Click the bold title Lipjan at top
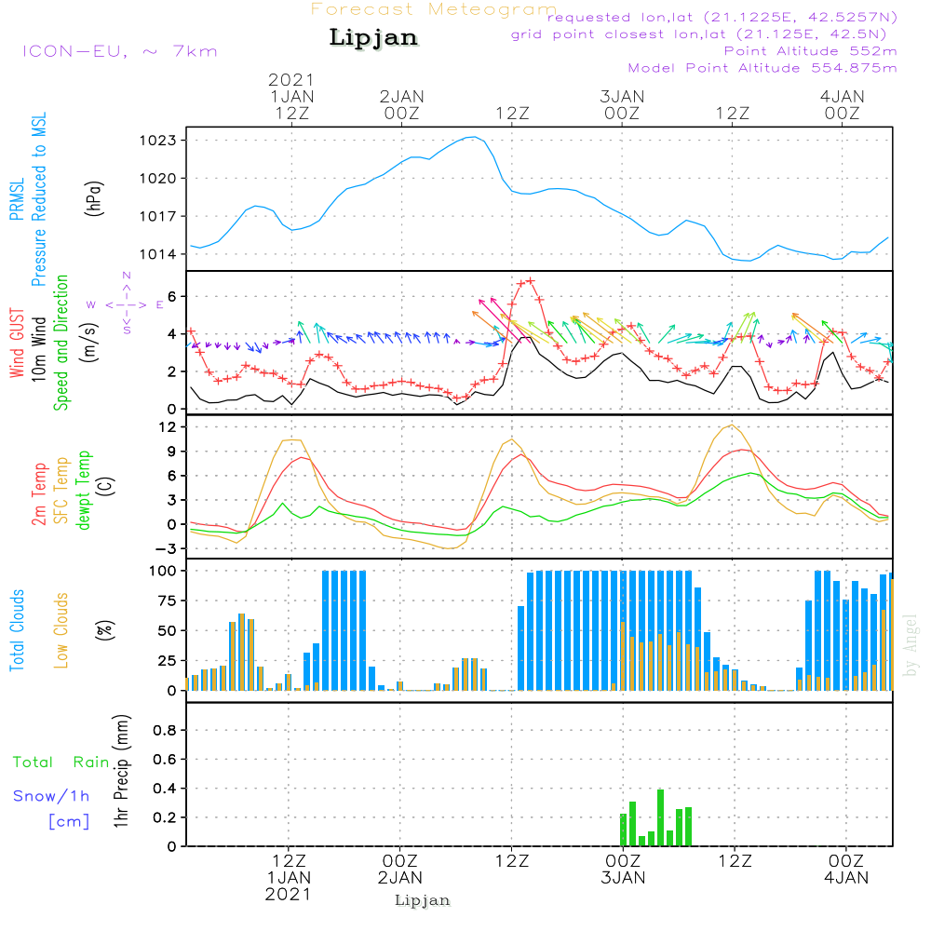coord(372,38)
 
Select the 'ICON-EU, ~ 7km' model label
coord(118,51)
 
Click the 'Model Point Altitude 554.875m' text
coord(762,68)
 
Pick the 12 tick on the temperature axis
coord(169,426)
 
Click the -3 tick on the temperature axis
coord(168,548)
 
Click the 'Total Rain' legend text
coord(61,762)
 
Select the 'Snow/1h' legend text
coord(52,796)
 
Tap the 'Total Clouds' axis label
coord(17,630)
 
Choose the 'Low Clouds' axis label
coord(61,630)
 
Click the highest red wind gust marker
coord(530,280)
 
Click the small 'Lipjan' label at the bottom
coord(423,900)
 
